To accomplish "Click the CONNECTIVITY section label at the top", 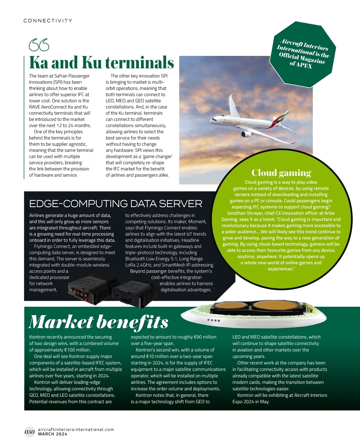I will (x=48, y=21).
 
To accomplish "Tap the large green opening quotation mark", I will (x=39, y=45).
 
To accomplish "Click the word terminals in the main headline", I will (x=139, y=62).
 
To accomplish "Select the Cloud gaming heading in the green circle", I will (x=281, y=173).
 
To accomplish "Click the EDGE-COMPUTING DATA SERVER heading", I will (x=116, y=204).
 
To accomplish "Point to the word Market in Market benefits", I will (x=61, y=322).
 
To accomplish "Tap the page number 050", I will (x=29, y=432).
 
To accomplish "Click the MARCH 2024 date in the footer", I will (x=52, y=434).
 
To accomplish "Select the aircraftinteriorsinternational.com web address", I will (x=76, y=429).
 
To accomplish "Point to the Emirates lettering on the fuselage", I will (x=232, y=122).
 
